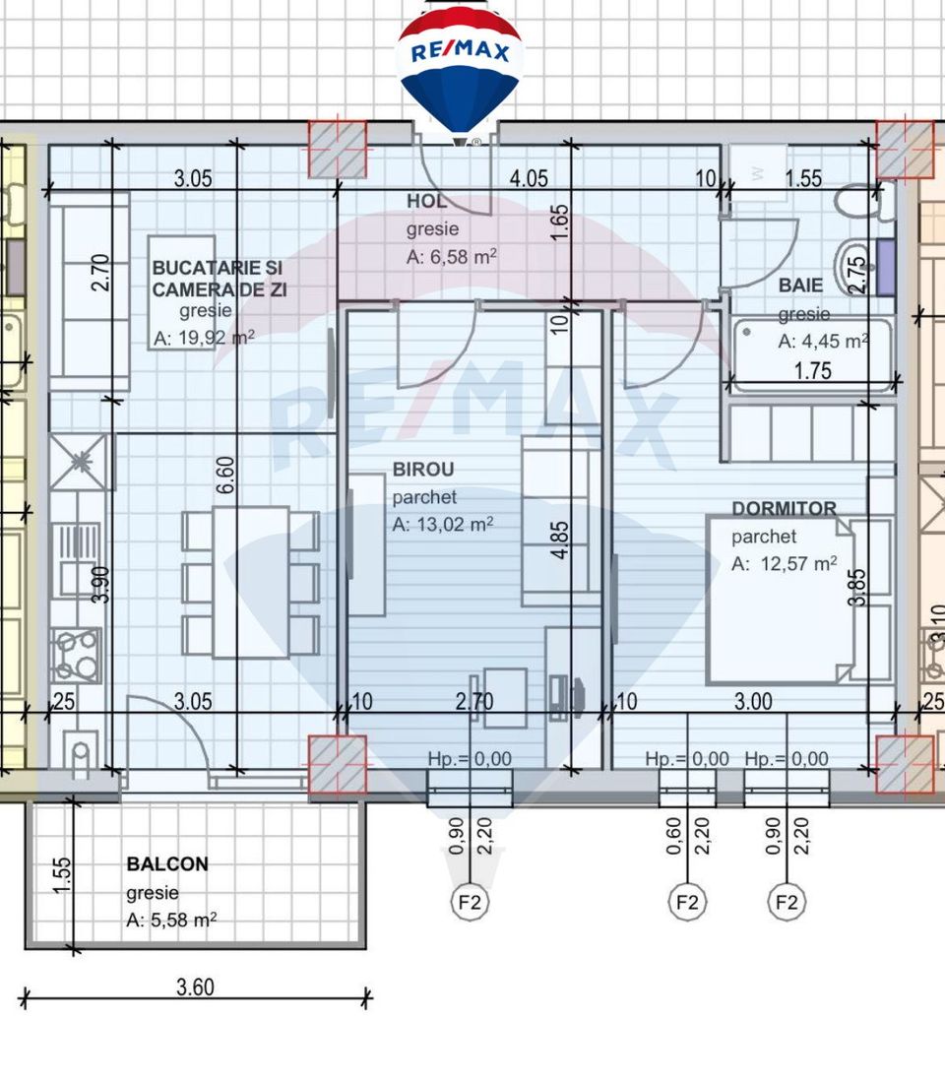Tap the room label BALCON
click(167, 864)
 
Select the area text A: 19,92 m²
click(204, 338)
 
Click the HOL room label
click(426, 202)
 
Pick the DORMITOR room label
click(784, 509)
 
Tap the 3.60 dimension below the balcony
click(195, 987)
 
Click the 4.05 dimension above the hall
click(528, 179)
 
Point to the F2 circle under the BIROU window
click(470, 901)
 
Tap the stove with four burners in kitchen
click(76, 655)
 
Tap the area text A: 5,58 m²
click(171, 921)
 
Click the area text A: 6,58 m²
click(451, 257)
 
